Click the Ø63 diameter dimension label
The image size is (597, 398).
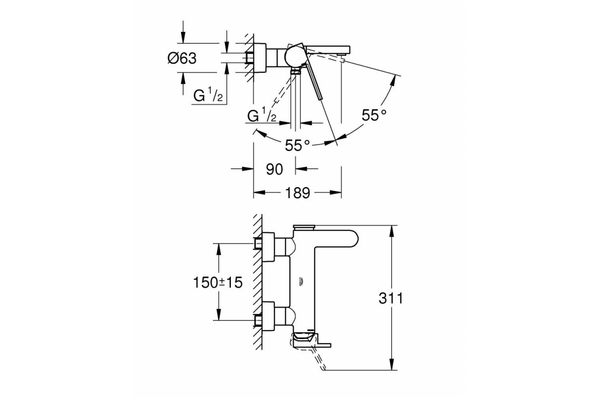[182, 58]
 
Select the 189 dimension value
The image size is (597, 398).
[298, 193]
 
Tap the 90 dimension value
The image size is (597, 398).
[274, 169]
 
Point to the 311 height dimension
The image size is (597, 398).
[391, 298]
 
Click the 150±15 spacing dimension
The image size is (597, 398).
[218, 282]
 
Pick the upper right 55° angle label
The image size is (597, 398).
[374, 115]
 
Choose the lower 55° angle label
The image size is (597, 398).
[298, 145]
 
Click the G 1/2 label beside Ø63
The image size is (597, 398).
[208, 96]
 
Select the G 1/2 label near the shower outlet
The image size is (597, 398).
[262, 114]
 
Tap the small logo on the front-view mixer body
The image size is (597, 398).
[301, 282]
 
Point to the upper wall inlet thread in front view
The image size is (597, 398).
[258, 243]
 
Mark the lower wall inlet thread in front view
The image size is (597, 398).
[258, 320]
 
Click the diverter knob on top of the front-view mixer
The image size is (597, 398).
[304, 227]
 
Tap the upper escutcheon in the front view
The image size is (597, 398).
[268, 247]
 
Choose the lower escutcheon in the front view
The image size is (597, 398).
[268, 317]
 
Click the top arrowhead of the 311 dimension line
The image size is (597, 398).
[391, 230]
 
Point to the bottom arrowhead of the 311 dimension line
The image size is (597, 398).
[391, 365]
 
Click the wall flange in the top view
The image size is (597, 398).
[260, 58]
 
